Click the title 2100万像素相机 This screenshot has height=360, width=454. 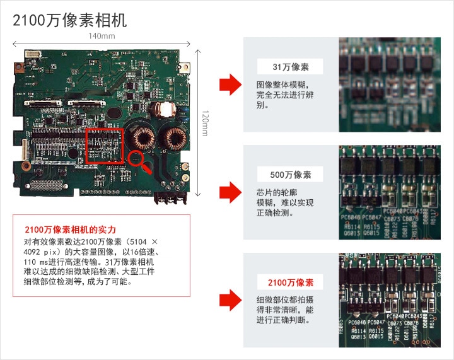[x=70, y=20]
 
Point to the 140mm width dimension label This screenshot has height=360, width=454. [x=102, y=36]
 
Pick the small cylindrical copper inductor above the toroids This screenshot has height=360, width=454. [x=166, y=108]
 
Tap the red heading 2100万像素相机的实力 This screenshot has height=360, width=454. [x=70, y=229]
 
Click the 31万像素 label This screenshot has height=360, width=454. [x=290, y=67]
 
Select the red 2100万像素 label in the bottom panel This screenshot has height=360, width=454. [x=290, y=282]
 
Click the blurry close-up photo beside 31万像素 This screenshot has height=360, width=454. [x=389, y=84]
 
